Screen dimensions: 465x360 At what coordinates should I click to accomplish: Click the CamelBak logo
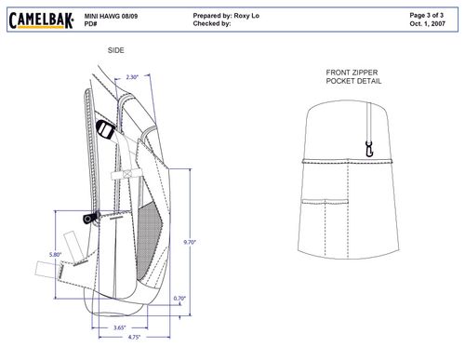click(x=41, y=20)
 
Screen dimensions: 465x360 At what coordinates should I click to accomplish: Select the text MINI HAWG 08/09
click(x=111, y=16)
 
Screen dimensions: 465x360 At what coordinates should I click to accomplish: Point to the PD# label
click(x=90, y=24)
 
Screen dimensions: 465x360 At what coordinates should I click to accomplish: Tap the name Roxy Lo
click(x=246, y=16)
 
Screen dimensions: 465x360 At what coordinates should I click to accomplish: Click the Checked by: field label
click(x=212, y=23)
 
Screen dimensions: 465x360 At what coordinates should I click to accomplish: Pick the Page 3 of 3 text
click(x=427, y=15)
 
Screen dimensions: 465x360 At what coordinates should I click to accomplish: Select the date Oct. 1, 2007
click(x=428, y=23)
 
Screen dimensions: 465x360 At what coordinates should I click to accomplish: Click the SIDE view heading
click(x=116, y=50)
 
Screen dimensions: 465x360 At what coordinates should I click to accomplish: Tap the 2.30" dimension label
click(x=132, y=77)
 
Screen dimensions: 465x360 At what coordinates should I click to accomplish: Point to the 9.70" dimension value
click(x=190, y=242)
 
